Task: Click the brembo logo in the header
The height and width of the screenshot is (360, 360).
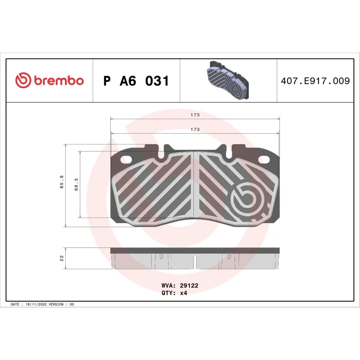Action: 49,81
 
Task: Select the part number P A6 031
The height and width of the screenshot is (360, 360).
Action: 136,81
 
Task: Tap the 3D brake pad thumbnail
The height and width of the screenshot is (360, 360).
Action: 228,81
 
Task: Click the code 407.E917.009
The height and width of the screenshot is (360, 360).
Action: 315,81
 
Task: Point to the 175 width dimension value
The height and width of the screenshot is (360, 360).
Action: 194,115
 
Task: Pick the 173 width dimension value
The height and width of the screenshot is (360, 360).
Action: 194,129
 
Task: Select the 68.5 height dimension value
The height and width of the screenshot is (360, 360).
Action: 76,184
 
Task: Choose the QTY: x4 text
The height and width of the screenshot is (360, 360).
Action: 174,292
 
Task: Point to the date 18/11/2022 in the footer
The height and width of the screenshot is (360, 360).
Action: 36,304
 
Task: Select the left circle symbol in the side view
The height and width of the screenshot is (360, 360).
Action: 160,256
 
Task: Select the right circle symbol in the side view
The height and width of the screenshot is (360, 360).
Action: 229,256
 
